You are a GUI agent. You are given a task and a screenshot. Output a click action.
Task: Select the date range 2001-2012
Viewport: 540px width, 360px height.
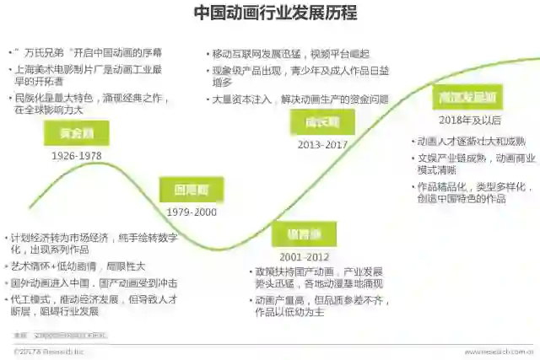click(x=304, y=255)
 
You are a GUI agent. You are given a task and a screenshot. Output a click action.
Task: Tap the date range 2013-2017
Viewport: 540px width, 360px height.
click(x=322, y=144)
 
